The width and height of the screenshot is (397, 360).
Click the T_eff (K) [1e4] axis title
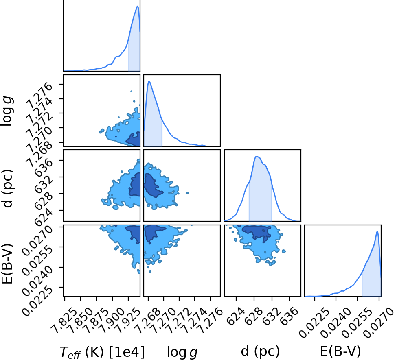tap(102, 351)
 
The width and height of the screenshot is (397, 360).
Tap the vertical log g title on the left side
tap(7, 112)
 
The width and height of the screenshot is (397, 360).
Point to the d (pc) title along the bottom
tap(260, 351)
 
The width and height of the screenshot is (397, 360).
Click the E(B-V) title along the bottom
tap(340, 351)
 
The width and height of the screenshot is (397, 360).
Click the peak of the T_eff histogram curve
tap(138, 6)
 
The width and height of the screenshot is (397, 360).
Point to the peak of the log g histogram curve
tap(149, 81)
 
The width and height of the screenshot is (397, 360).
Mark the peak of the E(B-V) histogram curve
tap(377, 231)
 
